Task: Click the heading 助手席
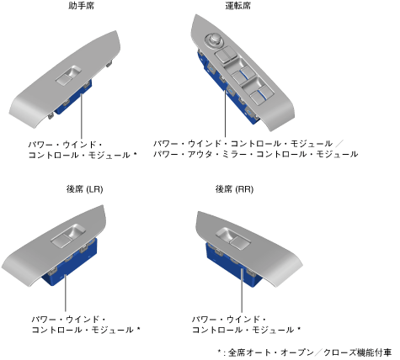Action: point(82,6)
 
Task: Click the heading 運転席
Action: point(238,6)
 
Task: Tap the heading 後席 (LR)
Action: point(85,189)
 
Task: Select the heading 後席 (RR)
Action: point(234,189)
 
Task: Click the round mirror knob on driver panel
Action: point(213,40)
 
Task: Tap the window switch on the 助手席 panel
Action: point(69,75)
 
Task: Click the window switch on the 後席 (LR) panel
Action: point(68,236)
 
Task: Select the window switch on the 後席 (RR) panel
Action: point(233,238)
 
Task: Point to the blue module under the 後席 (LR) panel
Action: point(70,263)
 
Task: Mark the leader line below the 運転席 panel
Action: point(225,114)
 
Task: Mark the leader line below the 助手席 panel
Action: point(82,116)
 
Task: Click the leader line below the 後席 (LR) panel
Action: point(66,294)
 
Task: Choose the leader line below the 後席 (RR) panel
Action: point(242,289)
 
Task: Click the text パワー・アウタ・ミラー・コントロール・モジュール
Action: point(256,154)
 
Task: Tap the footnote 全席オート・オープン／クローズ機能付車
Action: point(310,352)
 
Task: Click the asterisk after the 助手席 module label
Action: point(135,154)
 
